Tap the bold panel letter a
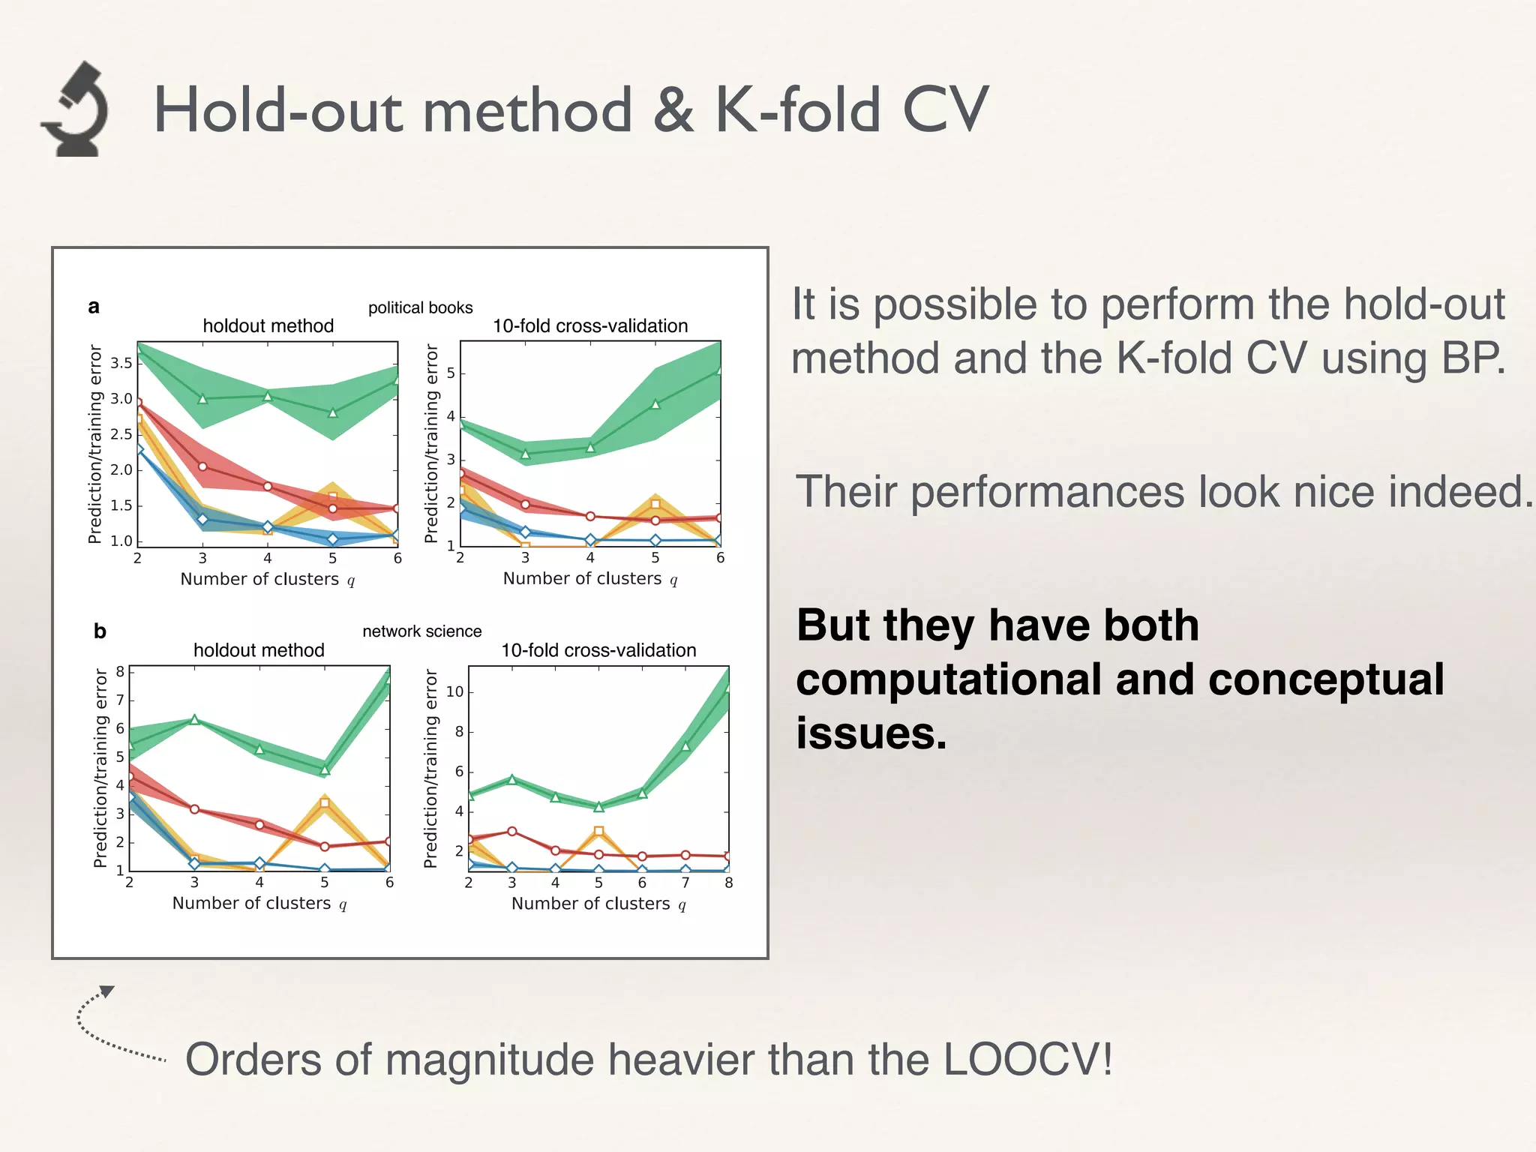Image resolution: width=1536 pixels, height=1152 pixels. (94, 307)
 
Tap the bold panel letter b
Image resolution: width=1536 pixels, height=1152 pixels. (100, 631)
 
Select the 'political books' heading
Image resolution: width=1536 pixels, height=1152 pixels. (420, 307)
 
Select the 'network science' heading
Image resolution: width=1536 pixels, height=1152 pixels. (421, 631)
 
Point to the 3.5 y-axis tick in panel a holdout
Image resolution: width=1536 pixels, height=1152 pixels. (121, 364)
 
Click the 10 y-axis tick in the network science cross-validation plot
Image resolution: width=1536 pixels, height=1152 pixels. (454, 691)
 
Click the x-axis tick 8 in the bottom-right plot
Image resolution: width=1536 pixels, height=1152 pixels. (728, 883)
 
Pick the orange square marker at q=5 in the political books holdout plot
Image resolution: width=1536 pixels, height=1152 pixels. (333, 497)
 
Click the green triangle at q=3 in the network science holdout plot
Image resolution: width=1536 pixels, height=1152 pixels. (194, 720)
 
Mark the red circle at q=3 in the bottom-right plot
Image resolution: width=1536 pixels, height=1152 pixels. (512, 831)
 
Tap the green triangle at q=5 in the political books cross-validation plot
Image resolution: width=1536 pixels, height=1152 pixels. (655, 404)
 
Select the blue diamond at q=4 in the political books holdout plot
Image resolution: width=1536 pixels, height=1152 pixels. (268, 527)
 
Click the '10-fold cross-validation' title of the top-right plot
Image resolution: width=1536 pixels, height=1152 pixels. (590, 326)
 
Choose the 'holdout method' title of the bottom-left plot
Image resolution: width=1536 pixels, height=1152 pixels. (259, 650)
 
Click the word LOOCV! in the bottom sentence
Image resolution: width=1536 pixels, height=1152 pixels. (1027, 1060)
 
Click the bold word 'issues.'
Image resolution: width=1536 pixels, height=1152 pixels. (871, 733)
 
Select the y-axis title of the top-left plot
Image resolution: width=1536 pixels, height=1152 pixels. (95, 444)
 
